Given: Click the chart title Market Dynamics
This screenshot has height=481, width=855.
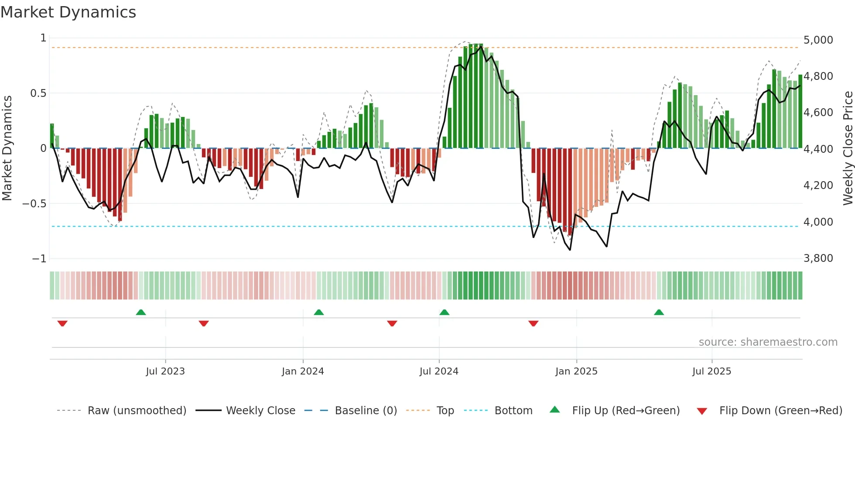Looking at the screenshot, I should point(68,12).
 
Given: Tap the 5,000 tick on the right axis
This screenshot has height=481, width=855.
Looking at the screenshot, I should point(818,40).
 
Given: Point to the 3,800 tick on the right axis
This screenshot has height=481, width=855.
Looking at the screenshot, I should point(818,258).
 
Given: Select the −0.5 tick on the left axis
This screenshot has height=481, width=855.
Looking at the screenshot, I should point(34,204).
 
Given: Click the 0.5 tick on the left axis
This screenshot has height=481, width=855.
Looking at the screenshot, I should point(38,93).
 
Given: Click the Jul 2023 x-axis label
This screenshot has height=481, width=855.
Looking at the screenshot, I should point(165,371).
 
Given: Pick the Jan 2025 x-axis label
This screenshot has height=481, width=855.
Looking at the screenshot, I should point(576,371).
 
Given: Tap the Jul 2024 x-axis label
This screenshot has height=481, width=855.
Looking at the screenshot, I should point(439,371).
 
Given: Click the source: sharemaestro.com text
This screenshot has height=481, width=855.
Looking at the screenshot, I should point(768,342).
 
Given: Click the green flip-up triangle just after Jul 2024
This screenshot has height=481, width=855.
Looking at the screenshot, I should point(444,312).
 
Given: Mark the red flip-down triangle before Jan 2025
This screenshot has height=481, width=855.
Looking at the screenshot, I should point(533,323).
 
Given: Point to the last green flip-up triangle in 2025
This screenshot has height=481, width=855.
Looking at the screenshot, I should point(659,312).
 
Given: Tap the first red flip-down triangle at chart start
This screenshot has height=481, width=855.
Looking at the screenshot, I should point(62,323).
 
